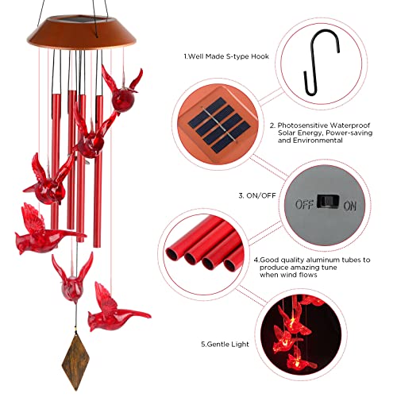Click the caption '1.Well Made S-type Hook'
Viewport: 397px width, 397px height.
coord(215,56)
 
